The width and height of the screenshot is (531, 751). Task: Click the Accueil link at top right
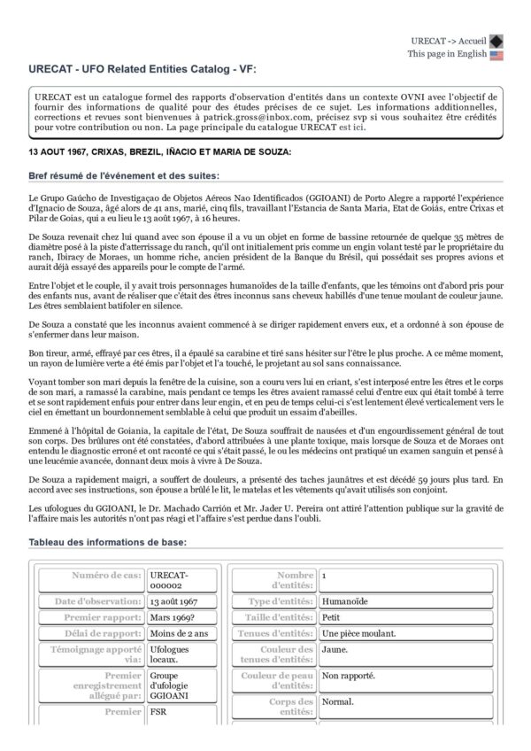(473, 40)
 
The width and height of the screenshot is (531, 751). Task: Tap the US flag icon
(496, 54)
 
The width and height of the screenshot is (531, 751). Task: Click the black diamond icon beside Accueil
(496, 40)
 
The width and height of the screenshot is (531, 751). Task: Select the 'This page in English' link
(447, 54)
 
